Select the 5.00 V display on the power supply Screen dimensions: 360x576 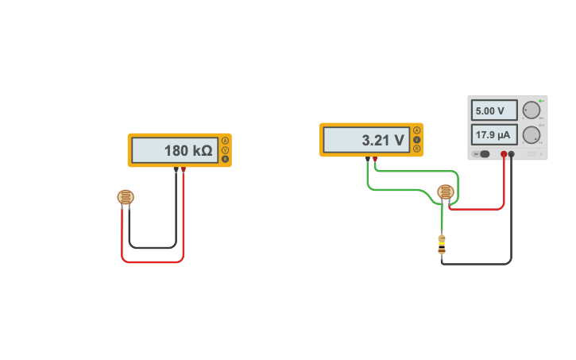tap(493, 110)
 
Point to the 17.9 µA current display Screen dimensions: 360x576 tap(493, 134)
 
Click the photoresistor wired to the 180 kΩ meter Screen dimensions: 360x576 tap(126, 197)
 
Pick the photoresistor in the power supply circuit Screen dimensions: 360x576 tap(446, 192)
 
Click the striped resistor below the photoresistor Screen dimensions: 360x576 tap(442, 244)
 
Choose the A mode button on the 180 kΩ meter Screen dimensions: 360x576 tap(225, 141)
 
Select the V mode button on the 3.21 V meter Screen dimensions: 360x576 tap(416, 140)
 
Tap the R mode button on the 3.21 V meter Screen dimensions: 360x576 tap(416, 149)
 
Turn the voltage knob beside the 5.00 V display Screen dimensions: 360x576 tap(531, 110)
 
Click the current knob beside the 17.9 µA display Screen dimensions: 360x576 tap(531, 135)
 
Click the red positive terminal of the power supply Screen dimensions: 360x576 tap(504, 154)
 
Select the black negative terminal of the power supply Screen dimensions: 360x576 tap(512, 154)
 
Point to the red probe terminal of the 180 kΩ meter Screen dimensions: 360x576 tap(184, 168)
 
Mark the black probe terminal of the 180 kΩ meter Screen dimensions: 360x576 tap(176, 168)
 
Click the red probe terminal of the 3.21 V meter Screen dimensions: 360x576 tap(375, 158)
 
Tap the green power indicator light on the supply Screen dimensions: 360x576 tap(541, 101)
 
